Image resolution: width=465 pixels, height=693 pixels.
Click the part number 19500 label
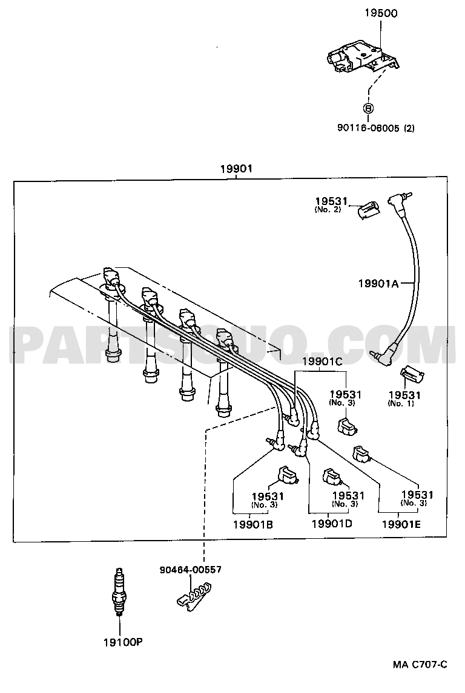point(381,13)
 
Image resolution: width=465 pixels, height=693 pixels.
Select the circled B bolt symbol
point(368,108)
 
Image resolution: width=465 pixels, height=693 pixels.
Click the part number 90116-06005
point(369,128)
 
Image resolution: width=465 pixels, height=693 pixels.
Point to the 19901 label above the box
point(236,168)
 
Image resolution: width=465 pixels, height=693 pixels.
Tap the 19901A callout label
point(378,283)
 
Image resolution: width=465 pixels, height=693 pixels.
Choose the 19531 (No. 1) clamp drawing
point(412,376)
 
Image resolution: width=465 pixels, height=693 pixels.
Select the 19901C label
point(322,362)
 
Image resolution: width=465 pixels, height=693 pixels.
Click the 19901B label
point(253,525)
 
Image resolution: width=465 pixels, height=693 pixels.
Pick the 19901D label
point(332,524)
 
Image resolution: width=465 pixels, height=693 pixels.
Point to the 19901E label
point(401,524)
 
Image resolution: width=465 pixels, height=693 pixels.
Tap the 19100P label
point(123,642)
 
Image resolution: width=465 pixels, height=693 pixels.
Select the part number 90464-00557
point(190,570)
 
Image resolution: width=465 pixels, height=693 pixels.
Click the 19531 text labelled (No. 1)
point(404,395)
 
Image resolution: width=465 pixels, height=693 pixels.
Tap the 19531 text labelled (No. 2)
point(331,201)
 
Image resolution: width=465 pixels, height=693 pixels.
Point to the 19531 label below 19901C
point(345,395)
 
